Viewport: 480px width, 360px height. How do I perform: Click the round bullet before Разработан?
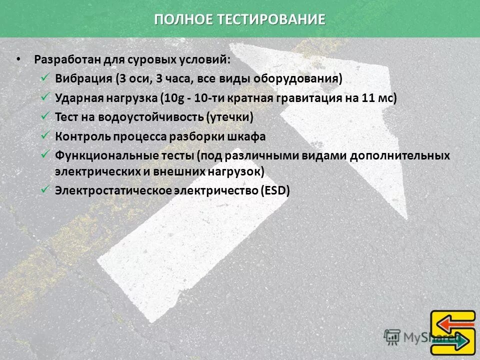point(18,59)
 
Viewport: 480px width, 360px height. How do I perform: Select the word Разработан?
point(67,59)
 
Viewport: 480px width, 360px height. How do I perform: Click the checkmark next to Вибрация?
point(44,78)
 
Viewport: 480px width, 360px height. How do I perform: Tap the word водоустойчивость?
point(153,117)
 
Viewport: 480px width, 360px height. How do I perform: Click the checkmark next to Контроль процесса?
point(44,135)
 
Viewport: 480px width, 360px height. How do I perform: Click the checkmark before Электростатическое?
point(44,189)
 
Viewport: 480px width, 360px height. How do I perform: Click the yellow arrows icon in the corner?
point(453,332)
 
